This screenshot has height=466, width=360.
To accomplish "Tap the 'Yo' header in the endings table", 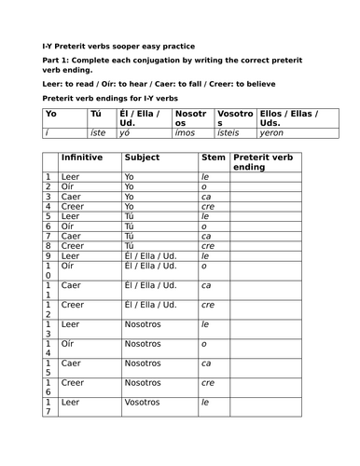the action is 25,114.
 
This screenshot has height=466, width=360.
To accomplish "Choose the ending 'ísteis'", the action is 229,133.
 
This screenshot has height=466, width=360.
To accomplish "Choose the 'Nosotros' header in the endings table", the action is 191,118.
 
